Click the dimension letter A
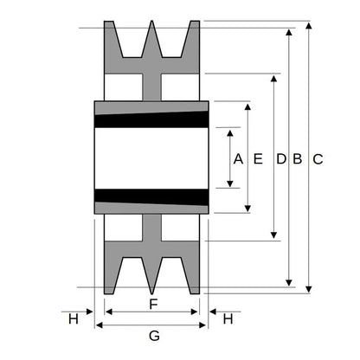238,159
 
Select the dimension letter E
258,159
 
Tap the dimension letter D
281,159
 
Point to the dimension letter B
298,159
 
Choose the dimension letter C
318,159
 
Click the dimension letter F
153,304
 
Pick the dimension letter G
154,336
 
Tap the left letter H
74,319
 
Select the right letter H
228,319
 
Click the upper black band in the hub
151,119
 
